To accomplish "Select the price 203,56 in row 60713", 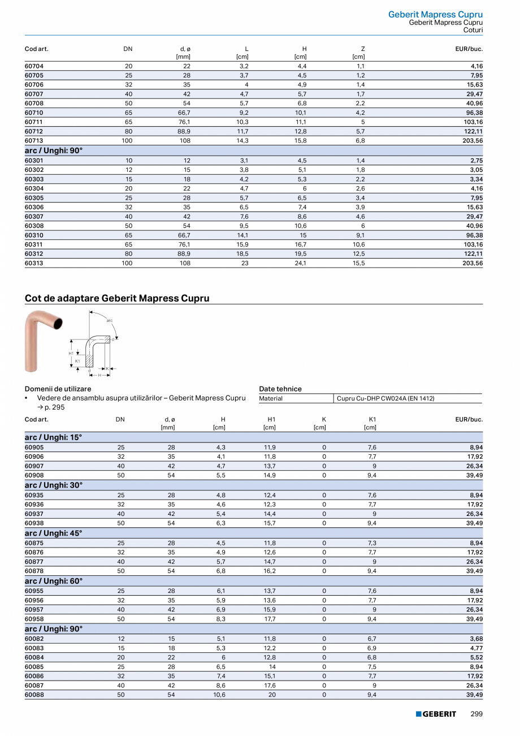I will tap(472, 141).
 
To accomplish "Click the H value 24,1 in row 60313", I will tap(301, 263).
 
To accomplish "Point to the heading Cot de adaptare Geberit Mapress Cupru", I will tap(117, 298).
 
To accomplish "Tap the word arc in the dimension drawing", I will tap(110, 321).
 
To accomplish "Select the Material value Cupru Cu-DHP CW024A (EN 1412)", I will tap(385, 398).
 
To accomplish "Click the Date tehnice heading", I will tap(280, 389).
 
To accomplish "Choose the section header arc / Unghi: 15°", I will tap(54, 437).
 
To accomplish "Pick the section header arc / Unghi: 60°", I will tap(54, 581).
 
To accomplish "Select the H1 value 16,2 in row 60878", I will tap(270, 571).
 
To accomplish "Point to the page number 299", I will tap(476, 714).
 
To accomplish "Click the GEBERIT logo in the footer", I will tap(436, 714).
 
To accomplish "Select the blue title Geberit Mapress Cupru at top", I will tap(435, 15).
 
